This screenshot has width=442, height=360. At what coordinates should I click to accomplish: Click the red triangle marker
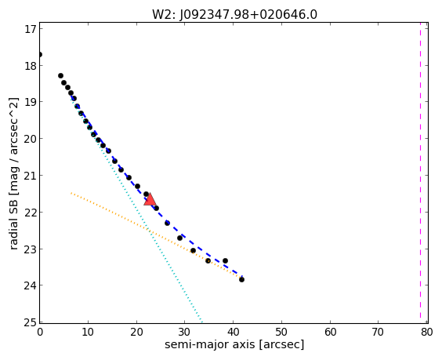(150, 199)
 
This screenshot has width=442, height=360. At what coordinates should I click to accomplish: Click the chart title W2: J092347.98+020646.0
(234, 14)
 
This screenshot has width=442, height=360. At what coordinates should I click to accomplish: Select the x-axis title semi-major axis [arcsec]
(234, 344)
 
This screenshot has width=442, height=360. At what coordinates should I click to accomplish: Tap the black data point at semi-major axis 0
(40, 54)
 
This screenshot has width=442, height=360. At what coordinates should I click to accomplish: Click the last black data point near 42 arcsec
(241, 279)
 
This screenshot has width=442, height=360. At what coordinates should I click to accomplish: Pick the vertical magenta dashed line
(420, 172)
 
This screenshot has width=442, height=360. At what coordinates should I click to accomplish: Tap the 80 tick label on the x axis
(427, 332)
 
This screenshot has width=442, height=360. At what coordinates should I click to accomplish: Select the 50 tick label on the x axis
(282, 332)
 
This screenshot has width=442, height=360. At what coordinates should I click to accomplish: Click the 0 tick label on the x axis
(40, 332)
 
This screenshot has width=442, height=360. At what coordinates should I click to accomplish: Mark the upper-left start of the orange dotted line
(71, 193)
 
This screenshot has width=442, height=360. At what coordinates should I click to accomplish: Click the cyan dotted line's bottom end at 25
(202, 322)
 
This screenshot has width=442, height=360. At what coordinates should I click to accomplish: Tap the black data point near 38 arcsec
(225, 260)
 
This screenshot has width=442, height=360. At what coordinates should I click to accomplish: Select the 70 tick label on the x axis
(379, 332)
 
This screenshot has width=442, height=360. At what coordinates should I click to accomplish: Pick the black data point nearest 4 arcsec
(60, 75)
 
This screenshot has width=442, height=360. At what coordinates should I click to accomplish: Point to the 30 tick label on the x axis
(185, 332)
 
